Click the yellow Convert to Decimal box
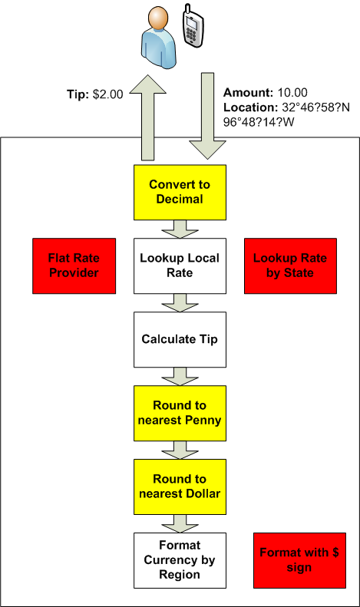[180, 193]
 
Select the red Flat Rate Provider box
[74, 266]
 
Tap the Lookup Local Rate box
[180, 266]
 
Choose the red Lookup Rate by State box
[290, 266]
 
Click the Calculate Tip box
[180, 339]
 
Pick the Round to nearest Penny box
[180, 413]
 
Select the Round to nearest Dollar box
[180, 487]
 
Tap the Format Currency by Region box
[180, 560]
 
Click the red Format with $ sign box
[299, 560]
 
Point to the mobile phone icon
[193, 26]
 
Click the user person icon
[159, 37]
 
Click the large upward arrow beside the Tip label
[148, 117]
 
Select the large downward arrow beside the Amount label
[207, 116]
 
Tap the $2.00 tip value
[108, 94]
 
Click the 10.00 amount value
[292, 93]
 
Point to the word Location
[250, 107]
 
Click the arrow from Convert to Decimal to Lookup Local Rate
[180, 229]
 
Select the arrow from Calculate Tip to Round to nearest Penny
[180, 376]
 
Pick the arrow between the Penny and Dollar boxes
[180, 450]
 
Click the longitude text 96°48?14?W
[259, 122]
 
